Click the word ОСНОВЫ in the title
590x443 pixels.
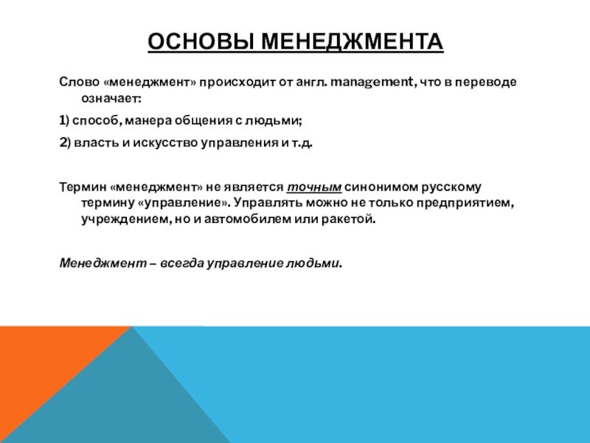tap(200, 41)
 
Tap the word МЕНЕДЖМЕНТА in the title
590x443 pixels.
tap(353, 41)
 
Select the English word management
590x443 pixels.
tap(372, 82)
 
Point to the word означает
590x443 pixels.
tap(111, 99)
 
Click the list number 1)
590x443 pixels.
tap(64, 120)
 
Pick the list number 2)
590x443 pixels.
tap(65, 142)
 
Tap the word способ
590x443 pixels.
tap(97, 121)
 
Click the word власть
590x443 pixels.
tap(97, 142)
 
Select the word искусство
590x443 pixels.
tap(165, 142)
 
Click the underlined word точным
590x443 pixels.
tap(314, 188)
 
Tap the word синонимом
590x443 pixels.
tap(381, 188)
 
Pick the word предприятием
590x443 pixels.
tap(465, 203)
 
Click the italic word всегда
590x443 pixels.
tap(182, 264)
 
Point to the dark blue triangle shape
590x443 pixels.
tap(120, 399)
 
